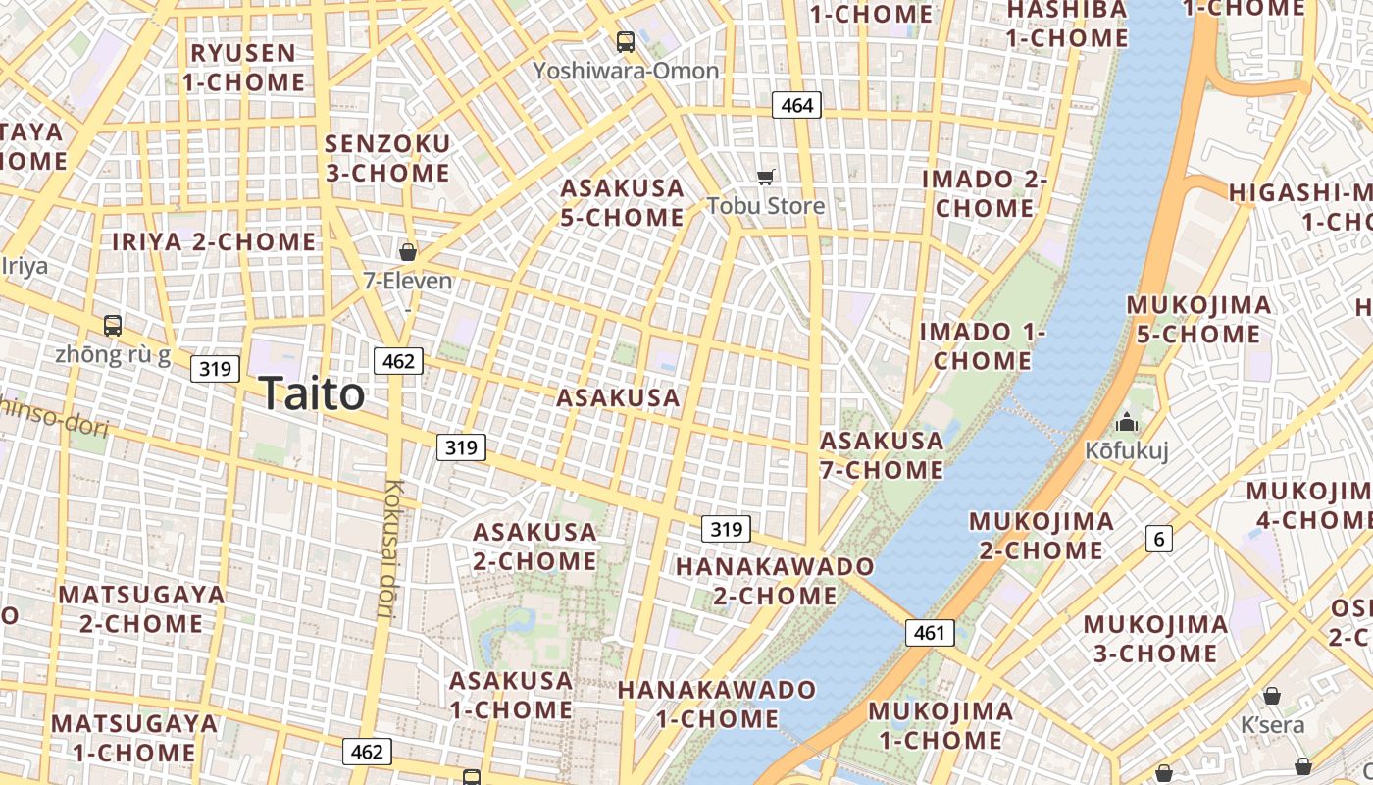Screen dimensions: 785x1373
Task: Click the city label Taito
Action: [x=313, y=394]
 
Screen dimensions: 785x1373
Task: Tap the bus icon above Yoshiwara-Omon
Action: [x=626, y=42]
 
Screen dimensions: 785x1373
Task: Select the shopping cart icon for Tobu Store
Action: [x=766, y=178]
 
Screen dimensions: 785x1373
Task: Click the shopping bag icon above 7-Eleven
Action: [x=408, y=252]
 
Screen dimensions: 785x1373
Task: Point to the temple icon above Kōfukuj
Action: [x=1127, y=423]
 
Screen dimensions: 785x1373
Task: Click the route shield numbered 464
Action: [x=795, y=105]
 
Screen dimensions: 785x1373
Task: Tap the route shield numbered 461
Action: [x=928, y=633]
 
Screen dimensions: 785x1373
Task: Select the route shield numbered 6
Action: [x=1159, y=538]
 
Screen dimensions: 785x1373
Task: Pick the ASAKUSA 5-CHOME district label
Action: [x=622, y=202]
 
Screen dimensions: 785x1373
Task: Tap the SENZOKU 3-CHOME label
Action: [x=387, y=158]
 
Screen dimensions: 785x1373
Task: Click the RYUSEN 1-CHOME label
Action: [x=243, y=68]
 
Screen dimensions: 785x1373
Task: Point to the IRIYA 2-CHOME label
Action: [x=214, y=241]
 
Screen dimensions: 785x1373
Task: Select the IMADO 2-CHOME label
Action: [x=984, y=193]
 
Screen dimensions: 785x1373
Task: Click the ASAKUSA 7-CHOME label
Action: [x=882, y=455]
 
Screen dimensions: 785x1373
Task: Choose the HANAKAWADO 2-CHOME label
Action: [x=775, y=581]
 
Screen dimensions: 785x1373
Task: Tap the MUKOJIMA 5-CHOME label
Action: [x=1198, y=319]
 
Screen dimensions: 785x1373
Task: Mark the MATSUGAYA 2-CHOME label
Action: [x=141, y=608]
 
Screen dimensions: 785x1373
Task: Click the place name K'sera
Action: [x=1273, y=725]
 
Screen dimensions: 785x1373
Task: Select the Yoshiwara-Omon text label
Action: [x=626, y=71]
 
